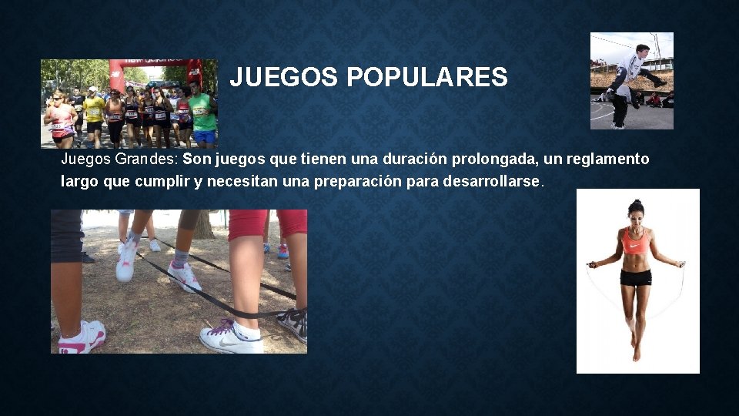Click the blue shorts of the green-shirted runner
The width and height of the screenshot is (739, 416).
(204, 136)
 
